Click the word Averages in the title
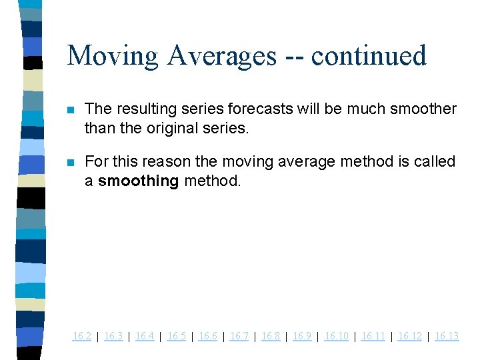click(x=222, y=56)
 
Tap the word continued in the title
click(x=369, y=56)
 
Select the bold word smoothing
click(x=138, y=181)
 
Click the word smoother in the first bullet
click(x=423, y=109)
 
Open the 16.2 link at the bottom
click(x=81, y=336)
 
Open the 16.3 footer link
click(x=113, y=336)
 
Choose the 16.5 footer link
click(x=176, y=336)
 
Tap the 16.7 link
click(x=239, y=336)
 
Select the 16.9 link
click(x=302, y=336)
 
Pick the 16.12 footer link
click(x=409, y=336)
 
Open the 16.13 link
click(x=447, y=336)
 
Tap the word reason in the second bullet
click(x=155, y=162)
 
